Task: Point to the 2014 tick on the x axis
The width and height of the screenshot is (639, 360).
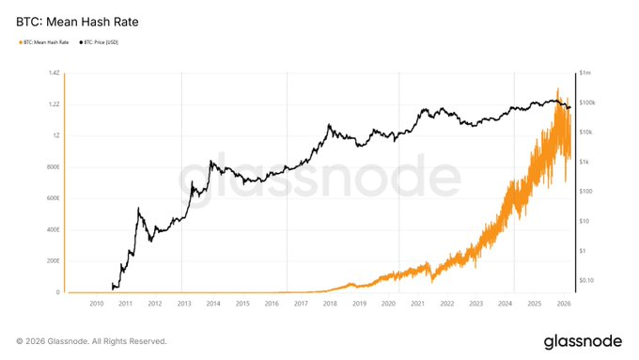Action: point(212,304)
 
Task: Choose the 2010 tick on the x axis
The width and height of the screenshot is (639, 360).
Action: point(96,304)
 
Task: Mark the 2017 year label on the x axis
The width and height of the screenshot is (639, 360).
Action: point(300,304)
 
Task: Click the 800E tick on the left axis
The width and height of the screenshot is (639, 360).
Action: point(51,166)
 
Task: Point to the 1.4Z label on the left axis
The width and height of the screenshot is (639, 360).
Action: point(54,72)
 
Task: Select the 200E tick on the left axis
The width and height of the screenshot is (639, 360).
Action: point(51,260)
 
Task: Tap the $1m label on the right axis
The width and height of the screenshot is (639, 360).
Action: point(585,72)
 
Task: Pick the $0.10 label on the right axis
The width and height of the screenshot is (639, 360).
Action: point(587,280)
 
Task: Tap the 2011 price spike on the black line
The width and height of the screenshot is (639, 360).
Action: point(139,209)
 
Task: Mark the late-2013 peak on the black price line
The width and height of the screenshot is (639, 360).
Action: point(211,162)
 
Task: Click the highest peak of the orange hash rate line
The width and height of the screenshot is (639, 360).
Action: point(558,89)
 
